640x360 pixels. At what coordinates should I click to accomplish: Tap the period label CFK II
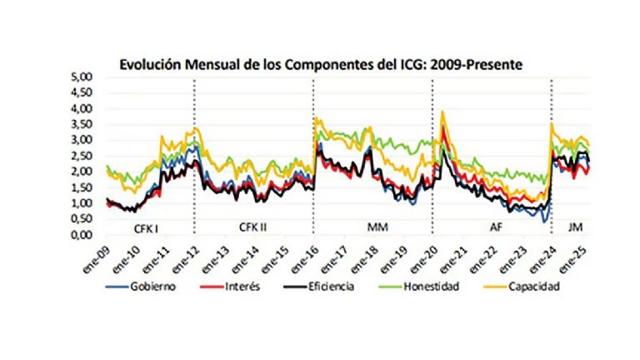(253, 226)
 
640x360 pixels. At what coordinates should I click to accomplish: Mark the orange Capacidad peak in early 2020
(442, 112)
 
